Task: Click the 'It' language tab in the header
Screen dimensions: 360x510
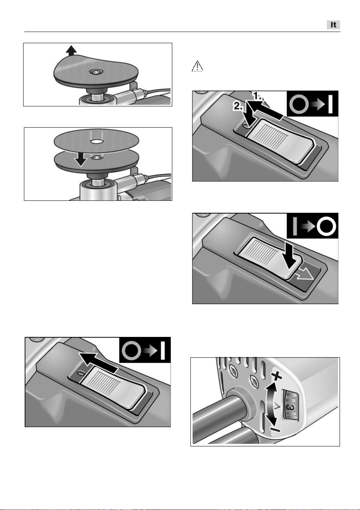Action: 333,25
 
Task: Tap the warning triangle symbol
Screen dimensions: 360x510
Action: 197,66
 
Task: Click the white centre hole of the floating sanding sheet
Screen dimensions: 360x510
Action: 96,141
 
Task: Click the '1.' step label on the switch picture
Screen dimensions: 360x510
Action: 258,96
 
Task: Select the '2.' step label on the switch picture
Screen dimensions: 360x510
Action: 238,106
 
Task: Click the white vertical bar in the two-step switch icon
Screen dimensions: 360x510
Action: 330,104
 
